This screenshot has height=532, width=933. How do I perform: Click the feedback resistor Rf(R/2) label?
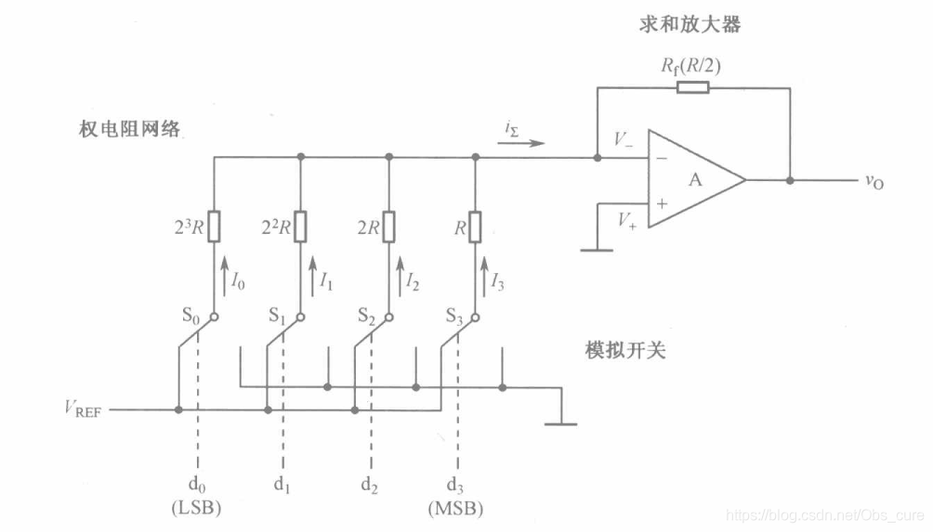691,65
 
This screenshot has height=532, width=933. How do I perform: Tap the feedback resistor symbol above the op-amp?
692,87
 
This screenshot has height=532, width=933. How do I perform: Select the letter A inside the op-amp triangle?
694,180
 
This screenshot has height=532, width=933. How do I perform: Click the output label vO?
874,181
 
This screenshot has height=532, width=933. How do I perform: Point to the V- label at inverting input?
624,140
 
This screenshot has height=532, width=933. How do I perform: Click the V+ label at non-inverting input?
624,222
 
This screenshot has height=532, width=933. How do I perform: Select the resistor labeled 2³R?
214,226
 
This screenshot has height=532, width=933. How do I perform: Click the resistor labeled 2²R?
300,226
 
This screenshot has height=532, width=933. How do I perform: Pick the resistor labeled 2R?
388,226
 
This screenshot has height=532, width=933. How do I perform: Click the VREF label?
81,410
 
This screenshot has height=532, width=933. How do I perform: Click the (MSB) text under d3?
455,508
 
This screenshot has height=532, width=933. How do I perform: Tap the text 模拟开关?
625,350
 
